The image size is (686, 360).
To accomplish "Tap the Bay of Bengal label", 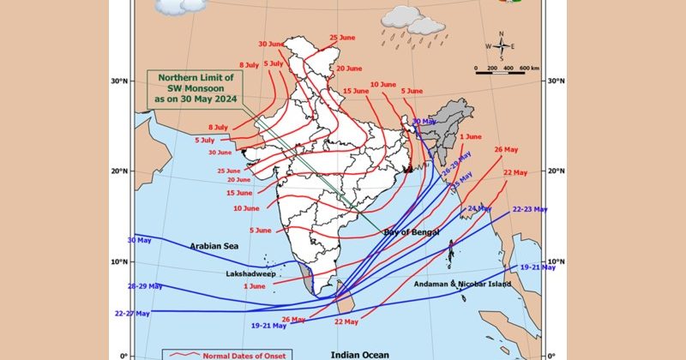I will pos(411,232).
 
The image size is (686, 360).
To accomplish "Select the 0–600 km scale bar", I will pos(511,72).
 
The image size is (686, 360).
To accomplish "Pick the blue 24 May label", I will pos(479,208).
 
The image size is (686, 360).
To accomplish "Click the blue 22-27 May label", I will pos(132,314).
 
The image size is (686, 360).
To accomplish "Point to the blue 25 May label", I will pos(462,184).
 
